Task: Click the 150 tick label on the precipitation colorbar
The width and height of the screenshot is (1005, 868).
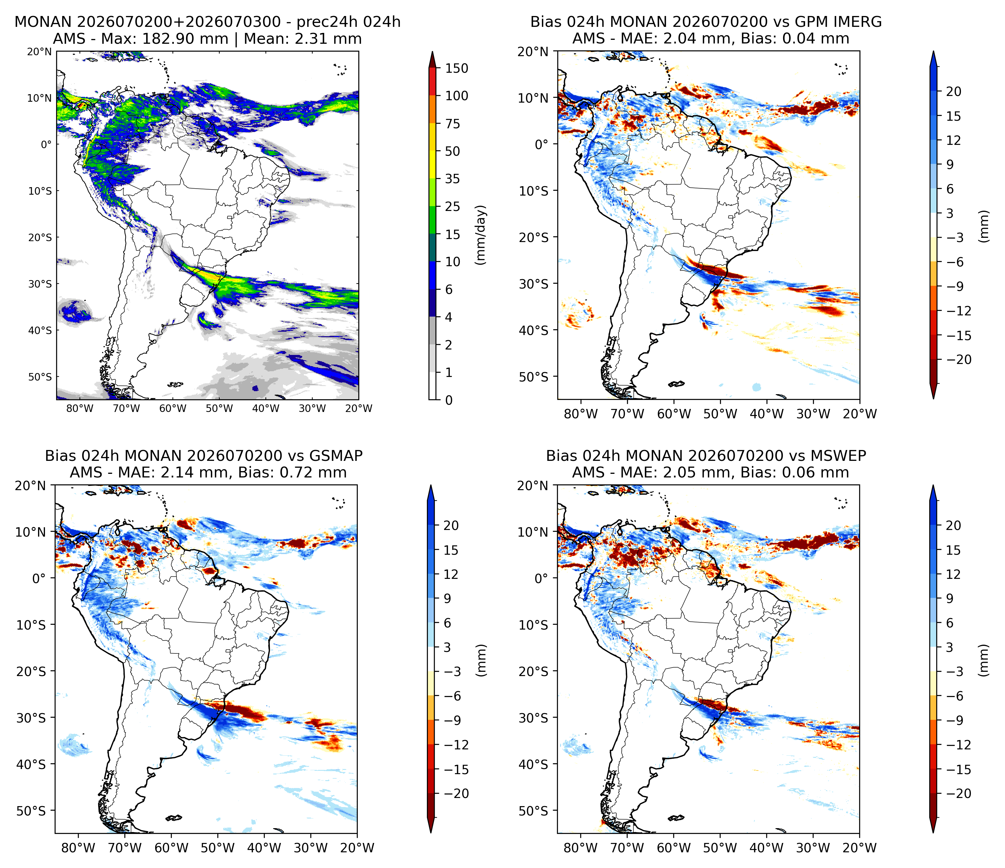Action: (x=457, y=69)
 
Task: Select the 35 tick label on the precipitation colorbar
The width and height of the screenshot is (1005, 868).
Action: (x=453, y=179)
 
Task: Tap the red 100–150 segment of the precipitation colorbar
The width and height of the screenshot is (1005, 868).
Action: (x=433, y=82)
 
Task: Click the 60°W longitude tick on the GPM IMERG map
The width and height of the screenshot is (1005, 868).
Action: (x=674, y=414)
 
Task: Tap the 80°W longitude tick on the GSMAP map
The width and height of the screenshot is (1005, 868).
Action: (x=78, y=848)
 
